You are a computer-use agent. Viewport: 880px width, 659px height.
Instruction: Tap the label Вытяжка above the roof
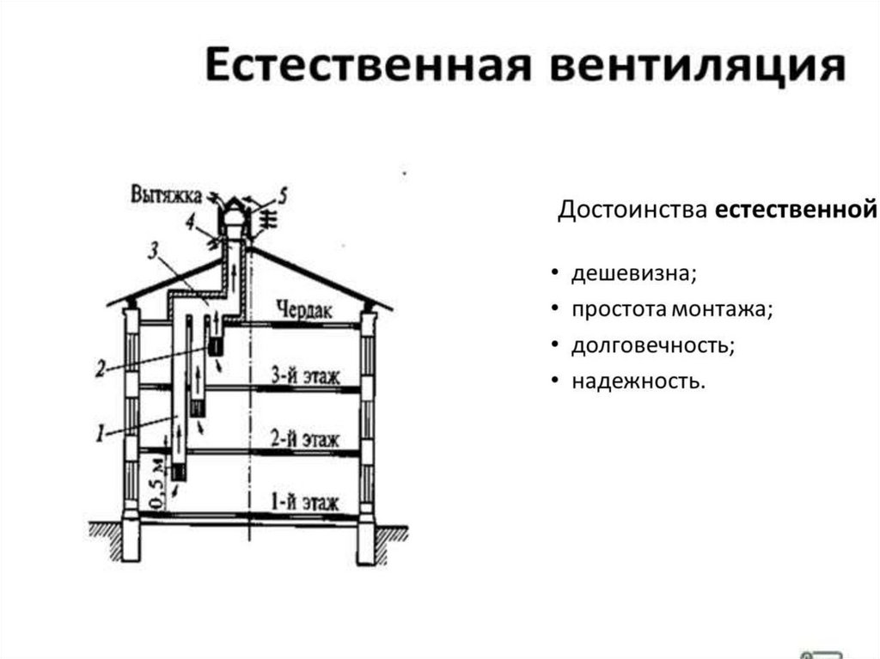[x=167, y=193]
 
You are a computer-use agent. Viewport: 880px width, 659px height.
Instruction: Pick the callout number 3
[x=153, y=251]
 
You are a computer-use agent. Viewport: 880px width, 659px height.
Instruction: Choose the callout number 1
[x=101, y=435]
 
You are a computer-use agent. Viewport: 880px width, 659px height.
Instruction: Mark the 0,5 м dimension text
[x=156, y=485]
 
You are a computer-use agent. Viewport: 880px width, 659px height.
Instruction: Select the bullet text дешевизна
[x=634, y=274]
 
